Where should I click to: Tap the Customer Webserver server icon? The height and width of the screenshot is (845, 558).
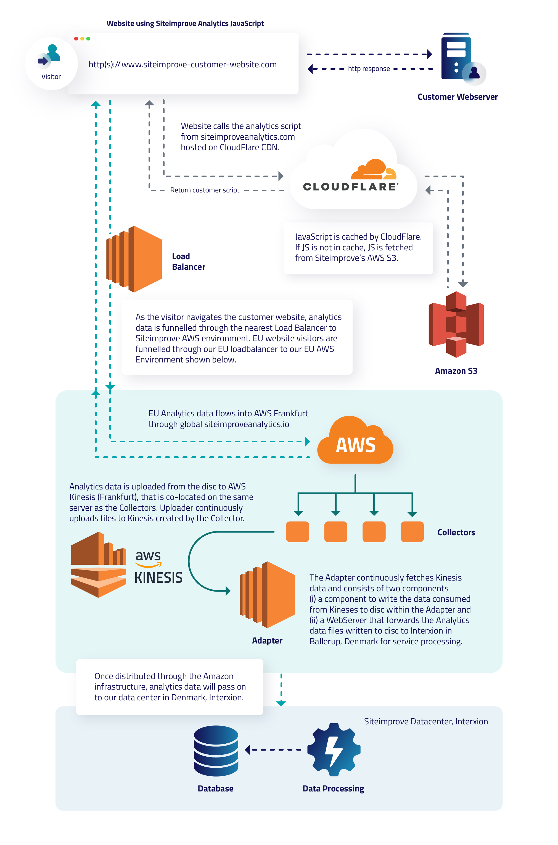coord(457,57)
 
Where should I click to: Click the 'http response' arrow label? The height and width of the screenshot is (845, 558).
coord(369,69)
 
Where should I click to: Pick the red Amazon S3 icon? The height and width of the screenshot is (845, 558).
coord(456,324)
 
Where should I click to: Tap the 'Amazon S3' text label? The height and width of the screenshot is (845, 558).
coord(456,371)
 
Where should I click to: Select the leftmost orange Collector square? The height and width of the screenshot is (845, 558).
coord(298,532)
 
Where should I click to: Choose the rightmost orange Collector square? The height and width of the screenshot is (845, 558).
coord(412,532)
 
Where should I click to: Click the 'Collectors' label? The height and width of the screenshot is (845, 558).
coord(456,532)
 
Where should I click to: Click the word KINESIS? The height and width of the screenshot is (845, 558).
coord(158,578)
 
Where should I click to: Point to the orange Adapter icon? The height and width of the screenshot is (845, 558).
coord(268,595)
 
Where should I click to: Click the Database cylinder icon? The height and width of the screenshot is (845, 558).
coord(216,751)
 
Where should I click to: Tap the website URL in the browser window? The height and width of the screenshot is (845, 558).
coord(183,64)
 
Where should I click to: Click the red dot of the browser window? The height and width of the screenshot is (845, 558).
coord(76,38)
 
